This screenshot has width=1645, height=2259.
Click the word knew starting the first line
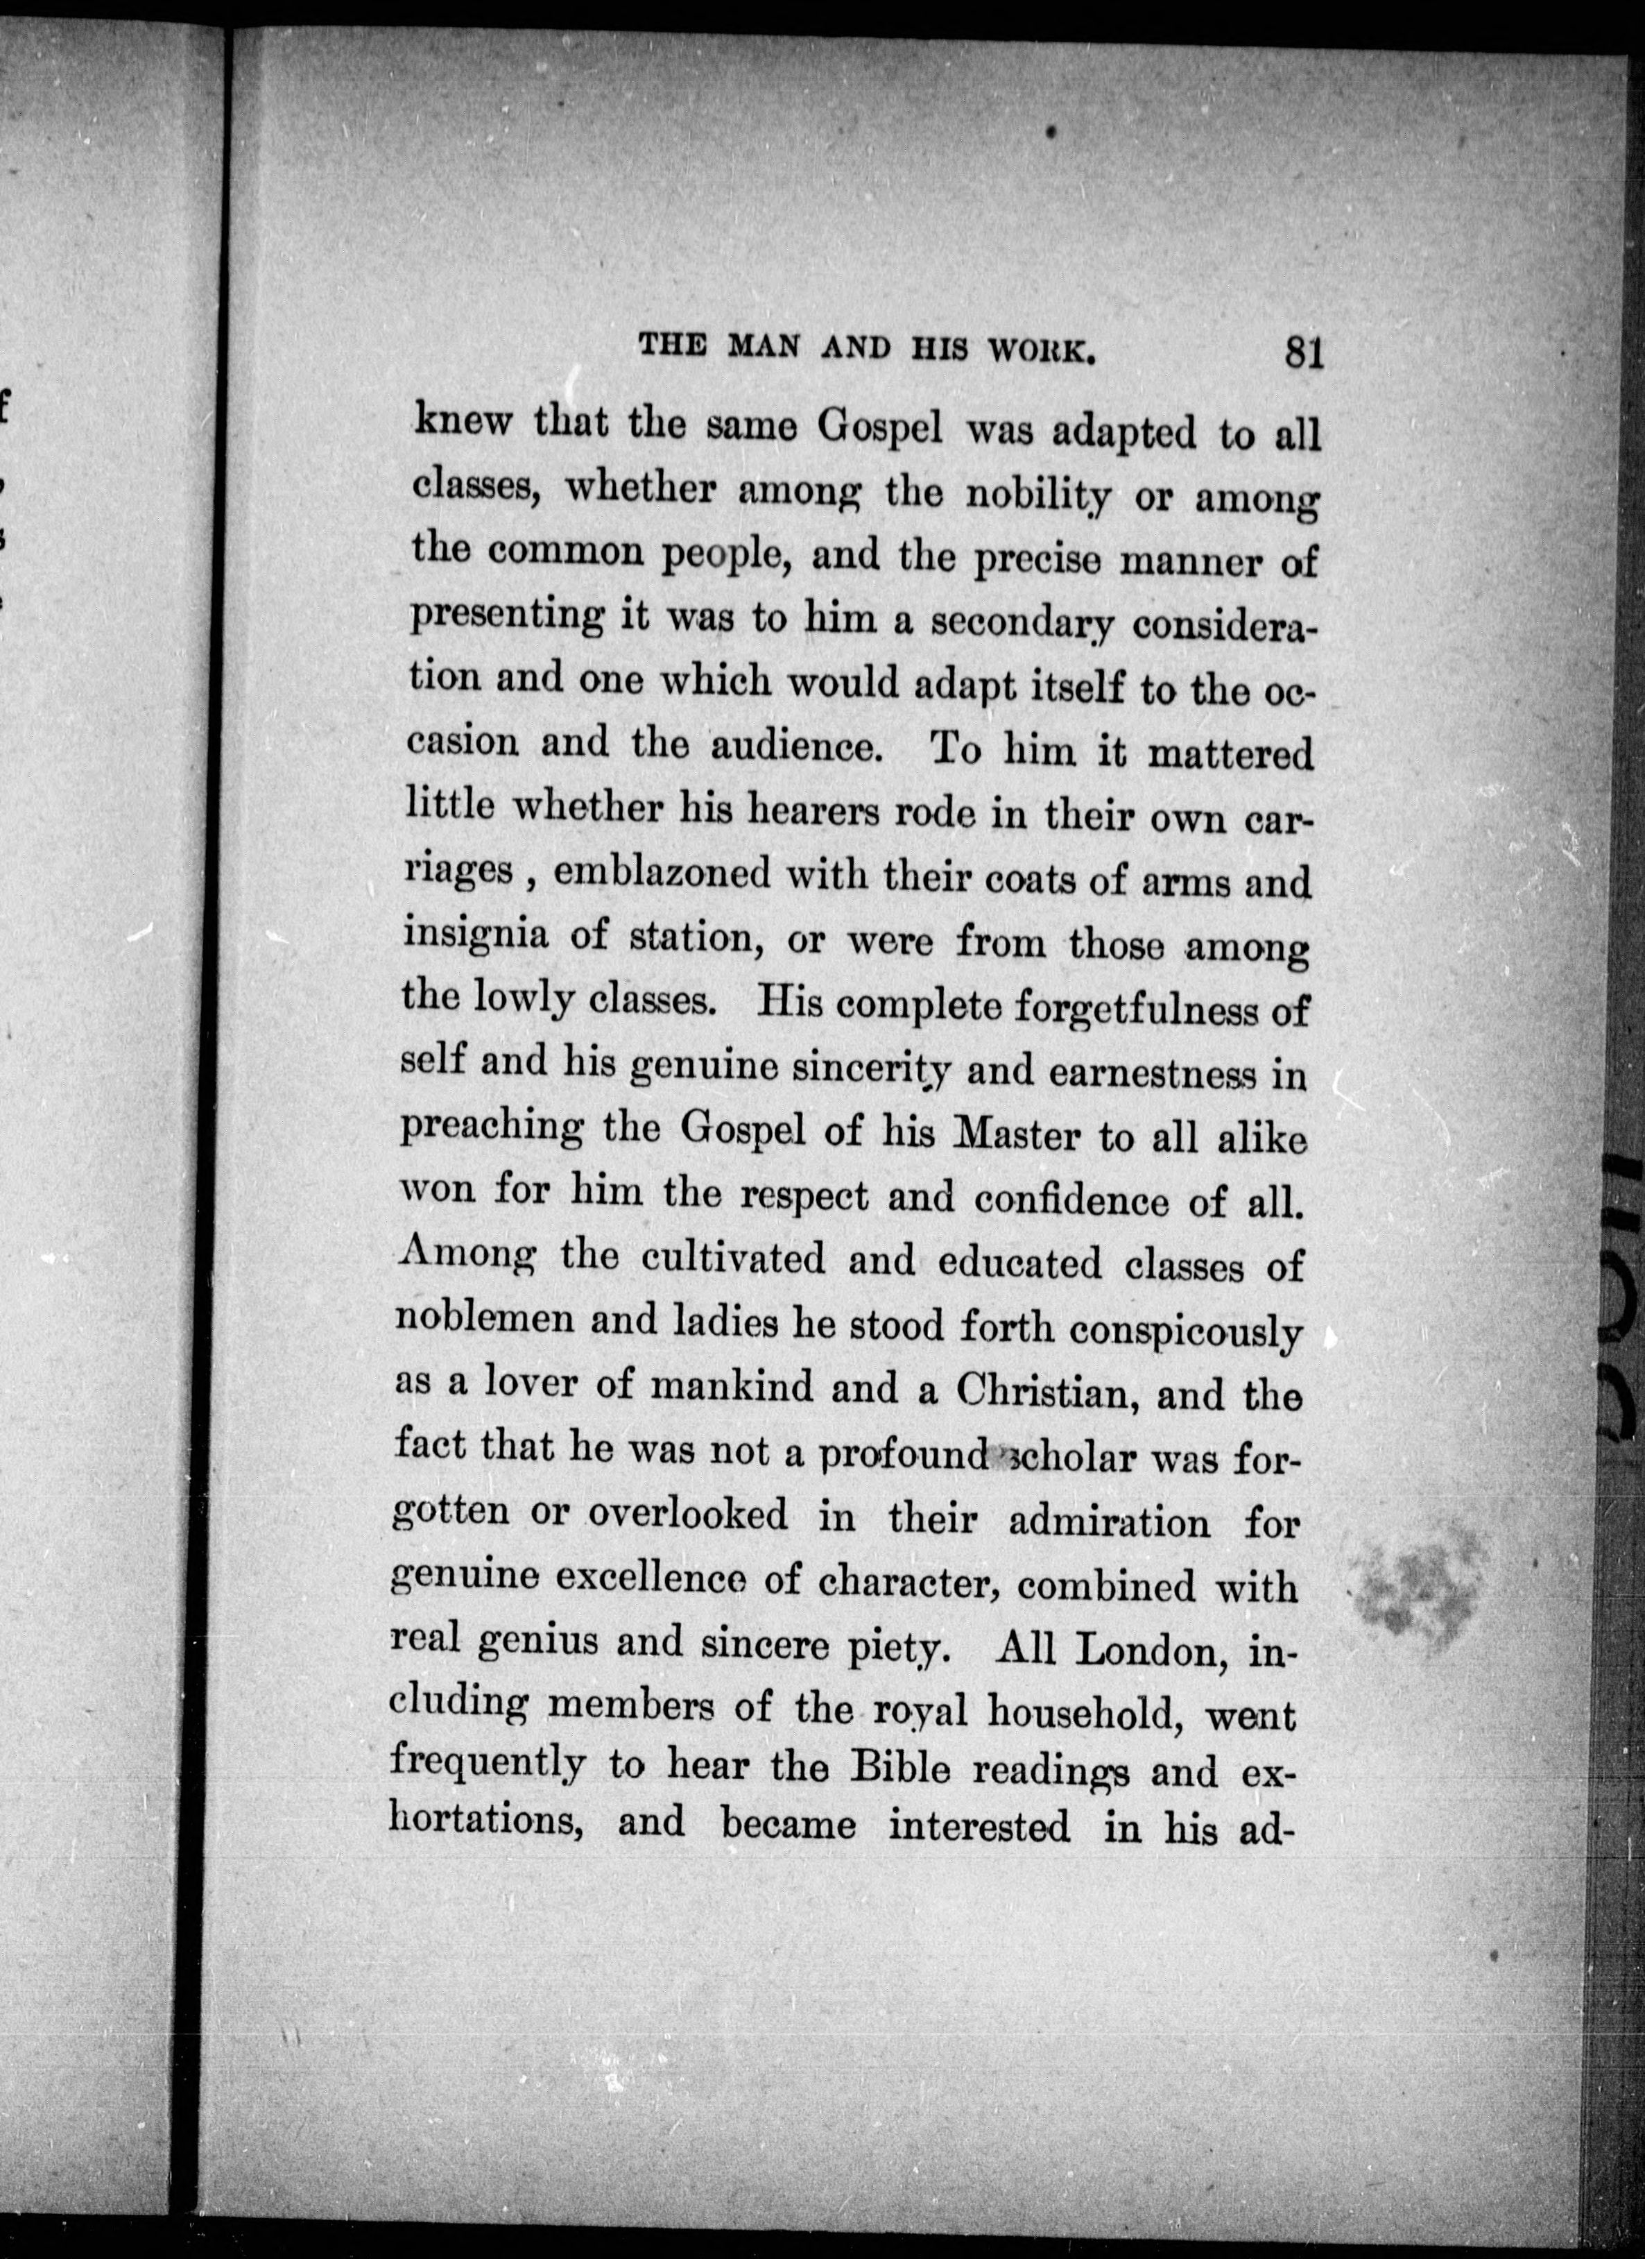pyautogui.click(x=462, y=420)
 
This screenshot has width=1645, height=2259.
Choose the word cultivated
pyautogui.click(x=733, y=1259)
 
